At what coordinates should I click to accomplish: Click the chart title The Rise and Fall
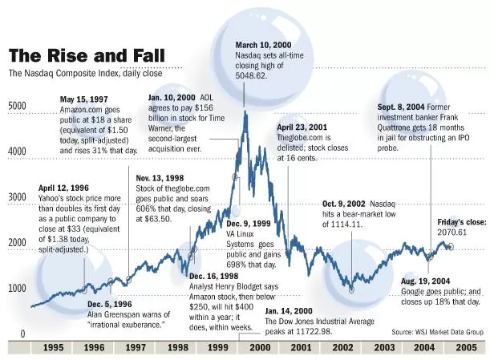point(87,55)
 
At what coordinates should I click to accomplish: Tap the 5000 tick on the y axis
point(17,106)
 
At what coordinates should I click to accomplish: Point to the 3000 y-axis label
point(17,197)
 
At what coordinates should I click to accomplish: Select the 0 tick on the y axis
point(22,334)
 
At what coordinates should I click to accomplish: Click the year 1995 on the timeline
point(53,347)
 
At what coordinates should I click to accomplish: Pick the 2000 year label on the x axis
point(260,347)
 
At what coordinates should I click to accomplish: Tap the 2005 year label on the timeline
point(466,347)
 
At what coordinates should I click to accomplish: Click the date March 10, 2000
point(263,45)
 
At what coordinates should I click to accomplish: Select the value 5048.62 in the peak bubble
point(251,75)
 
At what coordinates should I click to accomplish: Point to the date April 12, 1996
point(63,188)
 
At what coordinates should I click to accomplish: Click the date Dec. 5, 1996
point(110,304)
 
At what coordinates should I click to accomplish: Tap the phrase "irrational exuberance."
point(126,325)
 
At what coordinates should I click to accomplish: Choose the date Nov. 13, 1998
point(160,178)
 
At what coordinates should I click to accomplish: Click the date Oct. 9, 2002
point(344,204)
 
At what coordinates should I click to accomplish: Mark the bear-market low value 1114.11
point(342,224)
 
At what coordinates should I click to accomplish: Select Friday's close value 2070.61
point(452,233)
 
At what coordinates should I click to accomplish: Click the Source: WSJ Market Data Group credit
point(438,332)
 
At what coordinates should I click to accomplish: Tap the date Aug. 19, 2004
point(426,281)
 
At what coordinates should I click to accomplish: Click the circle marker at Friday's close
point(451,247)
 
